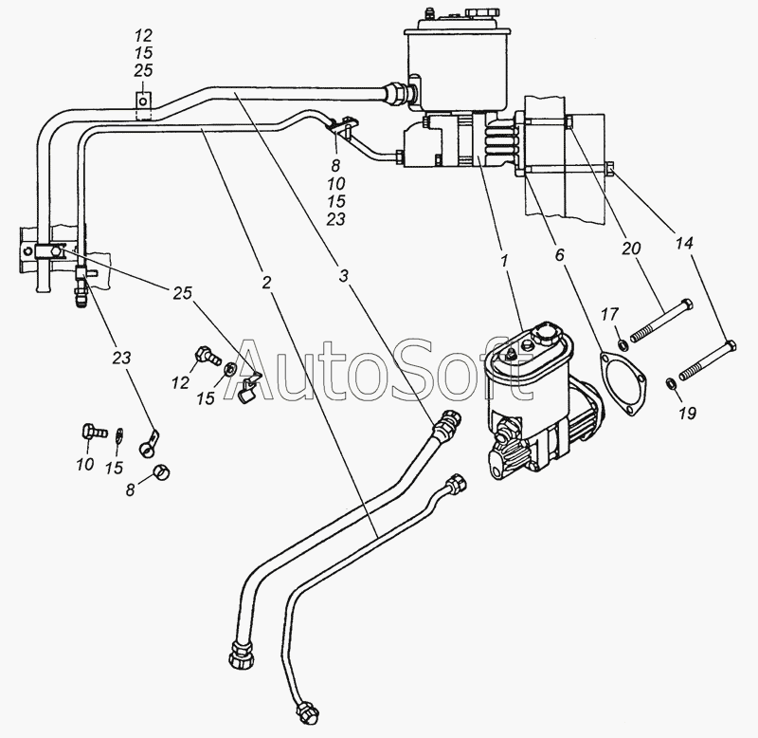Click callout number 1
point(504,261)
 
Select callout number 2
point(266,283)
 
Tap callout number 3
point(343,276)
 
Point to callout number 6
point(559,255)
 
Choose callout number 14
point(683,244)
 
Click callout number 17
point(609,315)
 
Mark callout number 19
point(687,413)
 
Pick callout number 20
point(630,249)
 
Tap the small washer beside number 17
point(623,345)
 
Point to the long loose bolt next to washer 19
point(708,360)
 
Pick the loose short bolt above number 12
point(207,356)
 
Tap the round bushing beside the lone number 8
point(161,470)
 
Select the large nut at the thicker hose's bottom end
point(244,655)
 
